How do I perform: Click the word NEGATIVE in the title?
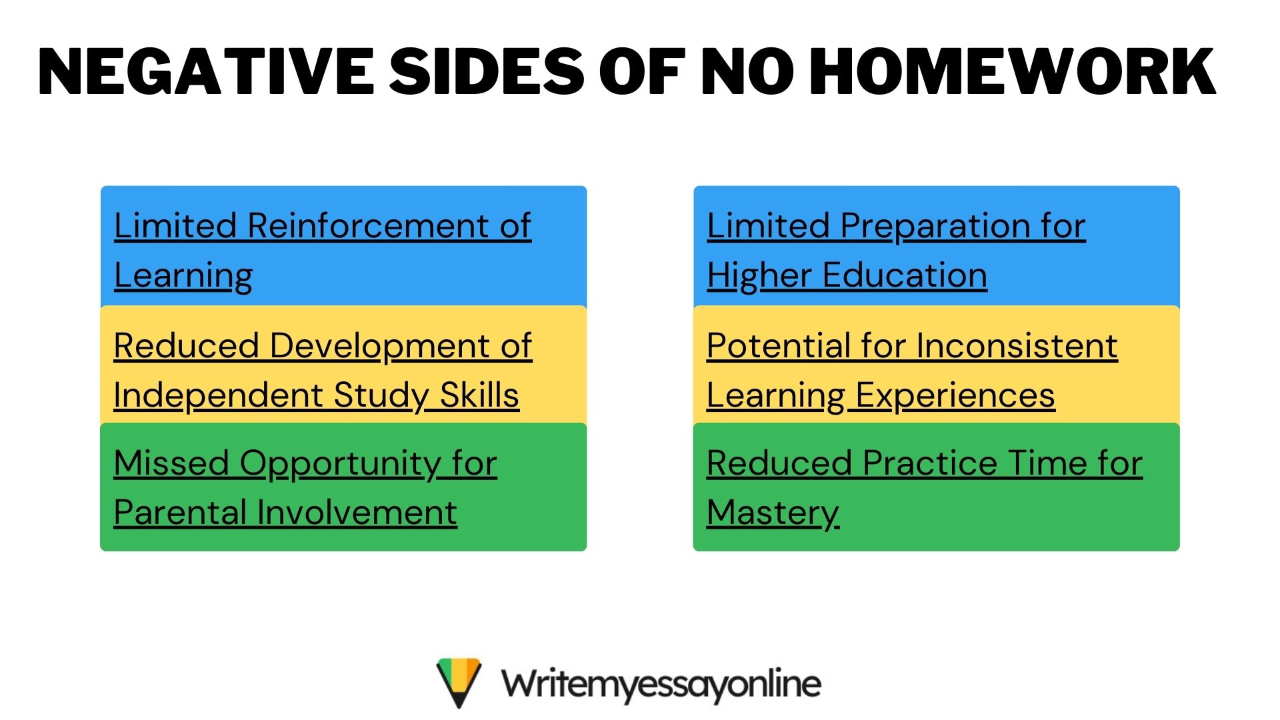coord(207,71)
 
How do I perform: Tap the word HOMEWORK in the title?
coord(1013,71)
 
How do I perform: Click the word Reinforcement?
coord(368,225)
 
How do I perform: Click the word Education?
coord(905,275)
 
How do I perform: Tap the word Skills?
coord(479,395)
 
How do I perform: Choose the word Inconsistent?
coord(1017,345)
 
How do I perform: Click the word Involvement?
coord(357,512)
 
